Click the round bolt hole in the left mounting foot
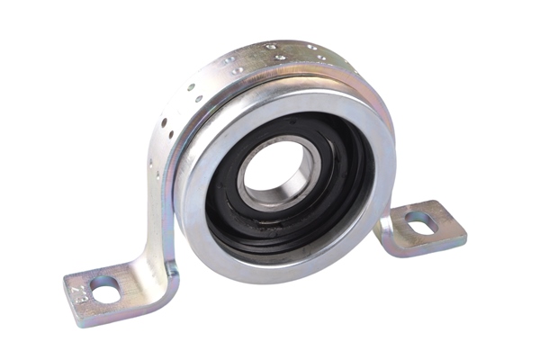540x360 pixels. tap(104, 290)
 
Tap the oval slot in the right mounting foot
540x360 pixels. tap(419, 220)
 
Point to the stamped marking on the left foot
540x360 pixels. tap(77, 294)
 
